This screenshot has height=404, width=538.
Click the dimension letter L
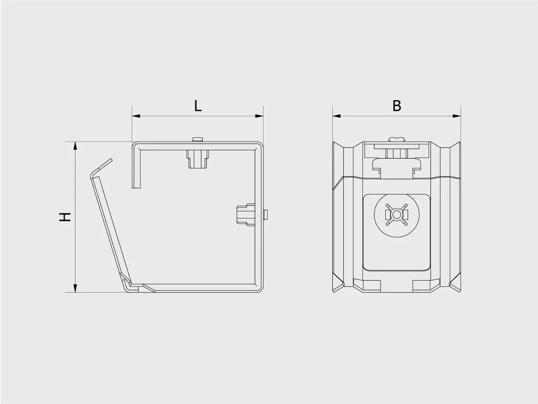(198, 106)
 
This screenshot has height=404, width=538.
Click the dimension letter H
(65, 217)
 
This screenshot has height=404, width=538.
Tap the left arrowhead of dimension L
(136, 116)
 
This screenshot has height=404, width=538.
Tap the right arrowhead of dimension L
(260, 116)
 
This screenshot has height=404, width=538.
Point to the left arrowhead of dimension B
(336, 116)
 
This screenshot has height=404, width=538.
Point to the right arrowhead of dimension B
(457, 116)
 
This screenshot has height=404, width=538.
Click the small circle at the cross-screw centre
(397, 215)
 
